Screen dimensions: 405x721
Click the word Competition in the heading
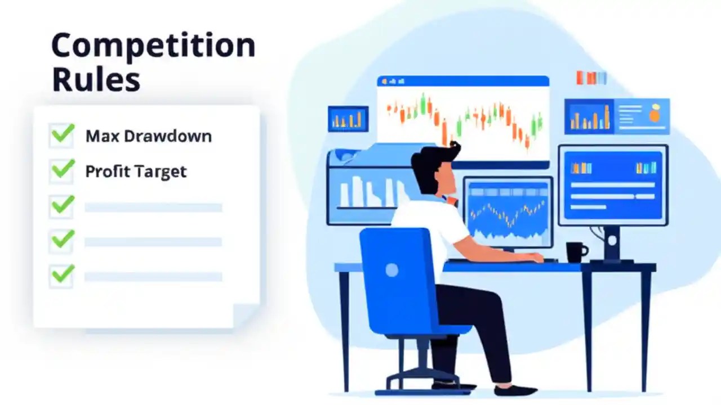[x=153, y=47]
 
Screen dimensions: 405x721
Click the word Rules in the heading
[x=95, y=80]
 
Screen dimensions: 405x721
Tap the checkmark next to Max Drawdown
[x=62, y=134]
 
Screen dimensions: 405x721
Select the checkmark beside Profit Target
[x=62, y=169]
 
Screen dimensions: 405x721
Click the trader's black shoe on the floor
[x=515, y=390]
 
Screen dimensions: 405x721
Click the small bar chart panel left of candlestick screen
[x=348, y=119]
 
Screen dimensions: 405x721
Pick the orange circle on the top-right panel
[x=655, y=115]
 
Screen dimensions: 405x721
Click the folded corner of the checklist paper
[x=246, y=314]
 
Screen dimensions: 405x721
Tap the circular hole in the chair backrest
[x=391, y=270]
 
